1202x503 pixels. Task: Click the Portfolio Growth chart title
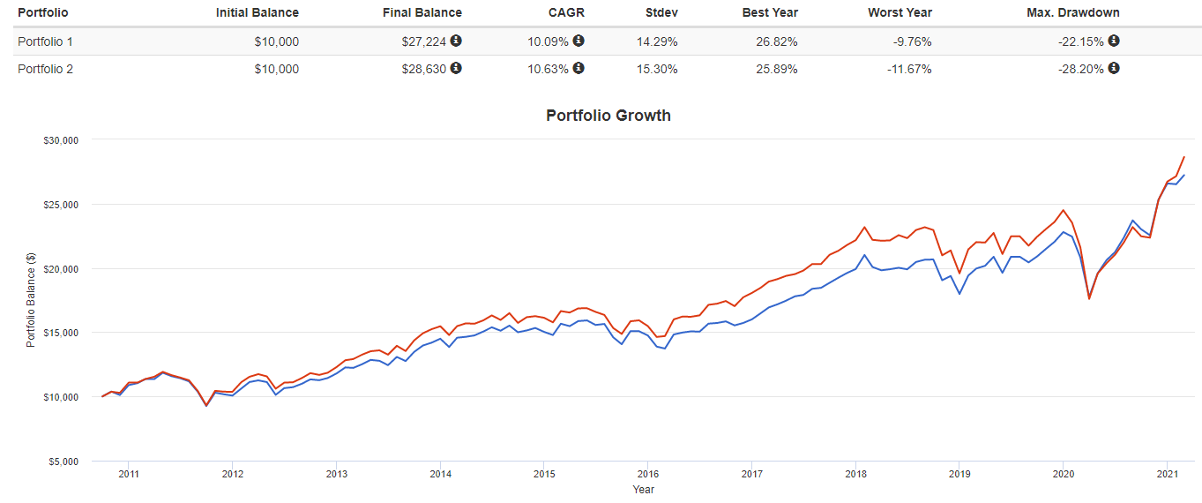click(608, 116)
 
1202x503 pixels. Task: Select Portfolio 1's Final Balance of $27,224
click(425, 41)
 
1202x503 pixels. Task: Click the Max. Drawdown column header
click(1072, 12)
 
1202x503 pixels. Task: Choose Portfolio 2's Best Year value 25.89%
click(776, 69)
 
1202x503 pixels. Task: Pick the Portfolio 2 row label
click(45, 69)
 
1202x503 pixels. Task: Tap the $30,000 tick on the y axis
click(61, 139)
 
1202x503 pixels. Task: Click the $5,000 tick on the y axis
click(63, 462)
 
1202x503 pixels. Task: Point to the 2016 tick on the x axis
click(648, 474)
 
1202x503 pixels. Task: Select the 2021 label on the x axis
click(1167, 474)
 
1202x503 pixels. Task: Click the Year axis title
click(644, 489)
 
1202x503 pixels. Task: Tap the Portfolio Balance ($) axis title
click(31, 300)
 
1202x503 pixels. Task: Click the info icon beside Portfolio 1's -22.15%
click(1114, 41)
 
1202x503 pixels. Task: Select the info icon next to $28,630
click(456, 69)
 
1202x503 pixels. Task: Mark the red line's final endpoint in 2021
click(1183, 157)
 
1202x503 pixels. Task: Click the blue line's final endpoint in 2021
click(1183, 175)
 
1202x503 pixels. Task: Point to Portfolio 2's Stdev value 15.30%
click(657, 69)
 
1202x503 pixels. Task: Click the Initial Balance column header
click(257, 12)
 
